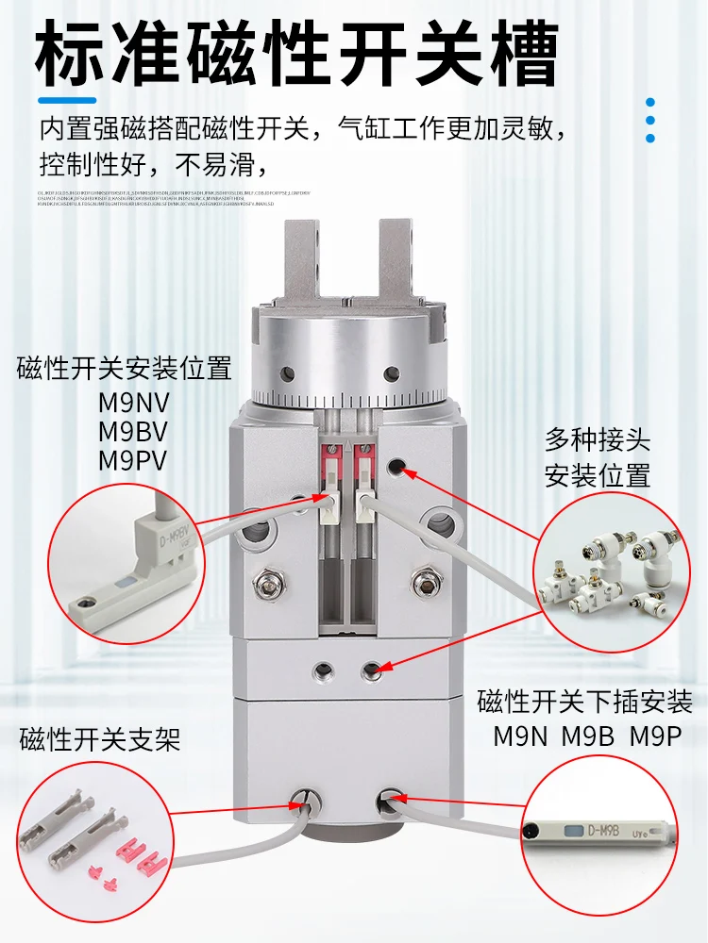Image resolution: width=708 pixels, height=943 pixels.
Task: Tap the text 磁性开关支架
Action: tap(99, 739)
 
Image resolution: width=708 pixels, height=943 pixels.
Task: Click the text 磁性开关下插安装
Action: tap(585, 702)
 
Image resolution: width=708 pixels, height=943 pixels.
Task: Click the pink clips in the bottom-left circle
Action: tap(132, 863)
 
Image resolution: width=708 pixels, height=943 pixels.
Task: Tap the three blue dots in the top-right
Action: tap(649, 120)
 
